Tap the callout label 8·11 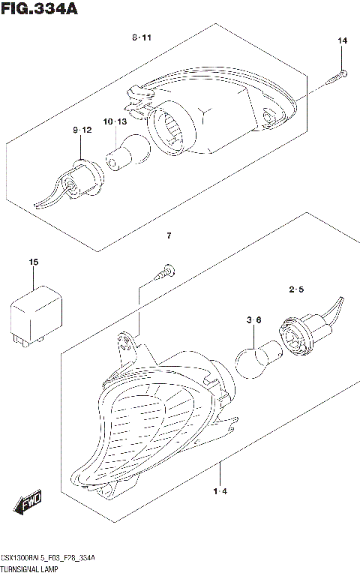pyautogui.click(x=142, y=37)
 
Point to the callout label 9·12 pyautogui.click(x=82, y=130)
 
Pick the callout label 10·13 pyautogui.click(x=114, y=121)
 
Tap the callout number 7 pyautogui.click(x=169, y=236)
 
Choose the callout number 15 pyautogui.click(x=33, y=262)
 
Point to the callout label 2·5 pyautogui.click(x=295, y=289)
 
